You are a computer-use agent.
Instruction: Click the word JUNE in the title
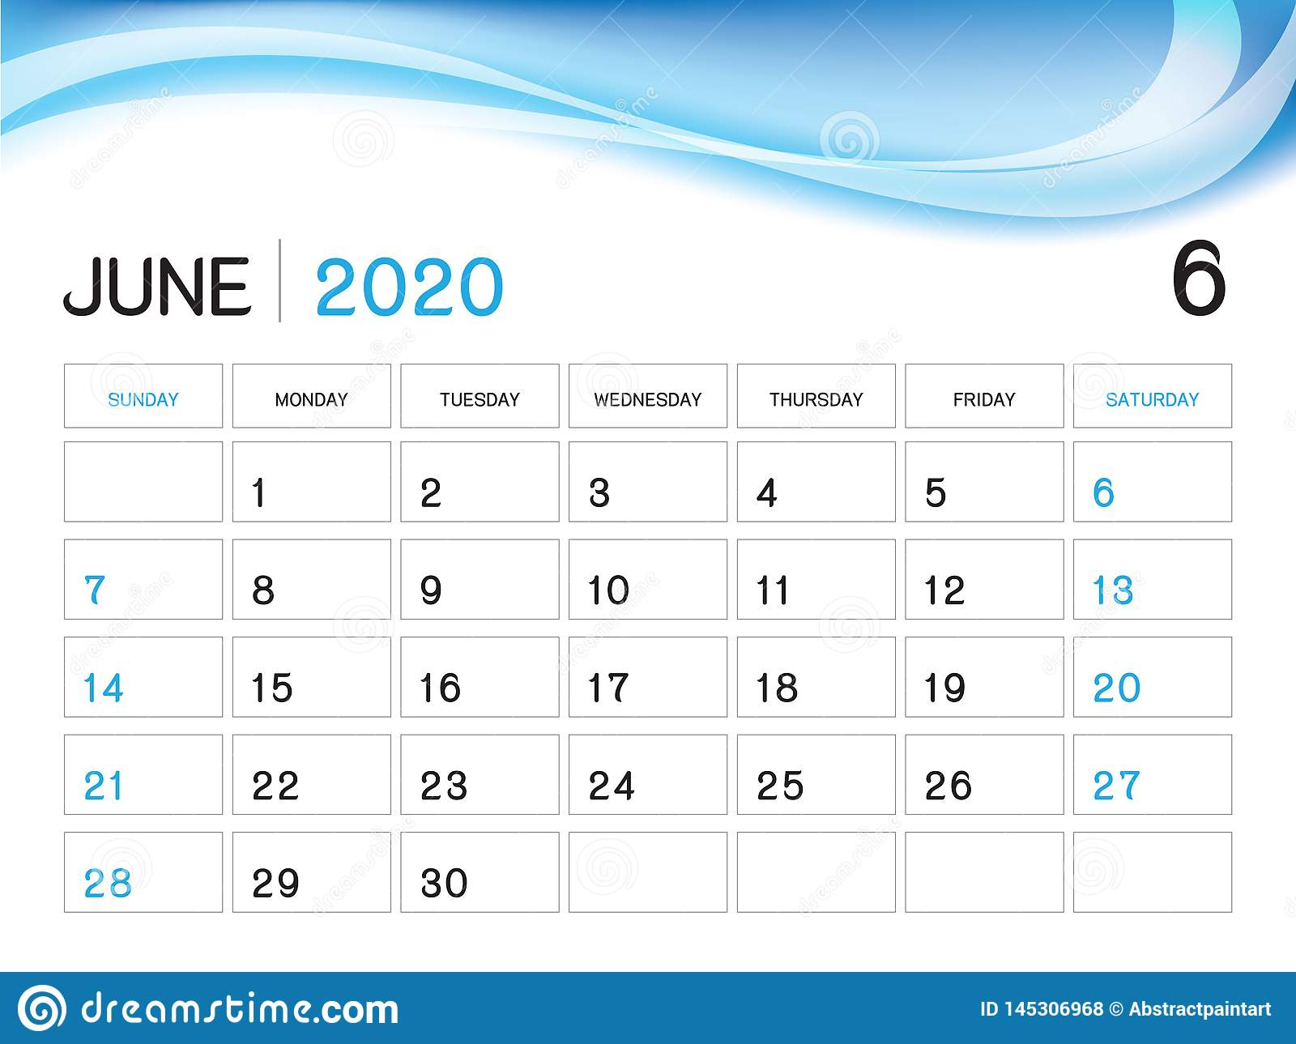[157, 287]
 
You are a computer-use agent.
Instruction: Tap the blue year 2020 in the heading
[409, 287]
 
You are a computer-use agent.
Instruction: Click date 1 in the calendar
[259, 492]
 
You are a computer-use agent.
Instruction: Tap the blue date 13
[1112, 590]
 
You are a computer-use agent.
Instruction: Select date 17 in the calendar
[607, 688]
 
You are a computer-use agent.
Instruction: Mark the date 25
[780, 786]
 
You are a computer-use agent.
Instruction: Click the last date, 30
[444, 883]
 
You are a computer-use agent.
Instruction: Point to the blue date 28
[107, 883]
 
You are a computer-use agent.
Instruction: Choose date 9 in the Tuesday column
[431, 590]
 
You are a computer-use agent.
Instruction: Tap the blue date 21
[103, 786]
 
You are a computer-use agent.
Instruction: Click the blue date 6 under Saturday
[1103, 492]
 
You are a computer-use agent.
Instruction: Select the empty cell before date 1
[143, 482]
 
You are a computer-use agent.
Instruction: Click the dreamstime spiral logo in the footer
[41, 1008]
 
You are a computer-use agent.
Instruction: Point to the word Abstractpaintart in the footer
[1200, 1009]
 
